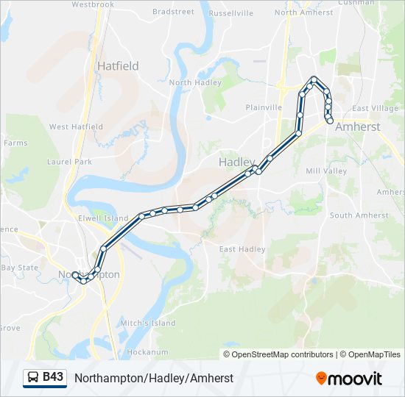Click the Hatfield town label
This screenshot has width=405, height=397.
click(x=118, y=65)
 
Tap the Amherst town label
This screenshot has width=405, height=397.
click(x=357, y=126)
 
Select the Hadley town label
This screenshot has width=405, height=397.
click(x=236, y=162)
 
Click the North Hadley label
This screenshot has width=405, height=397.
click(x=195, y=83)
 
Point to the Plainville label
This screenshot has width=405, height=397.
click(x=264, y=107)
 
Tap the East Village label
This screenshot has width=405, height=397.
click(x=375, y=109)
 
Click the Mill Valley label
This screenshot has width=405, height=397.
click(x=326, y=171)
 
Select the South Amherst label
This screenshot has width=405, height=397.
click(x=359, y=215)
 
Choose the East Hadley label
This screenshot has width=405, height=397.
click(x=242, y=249)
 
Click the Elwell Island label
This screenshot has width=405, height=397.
click(x=103, y=218)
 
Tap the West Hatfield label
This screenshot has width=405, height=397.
click(x=76, y=127)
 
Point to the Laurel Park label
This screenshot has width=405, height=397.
click(x=68, y=161)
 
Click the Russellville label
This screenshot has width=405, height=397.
click(x=230, y=13)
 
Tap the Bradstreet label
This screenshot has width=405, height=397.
click(x=173, y=12)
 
